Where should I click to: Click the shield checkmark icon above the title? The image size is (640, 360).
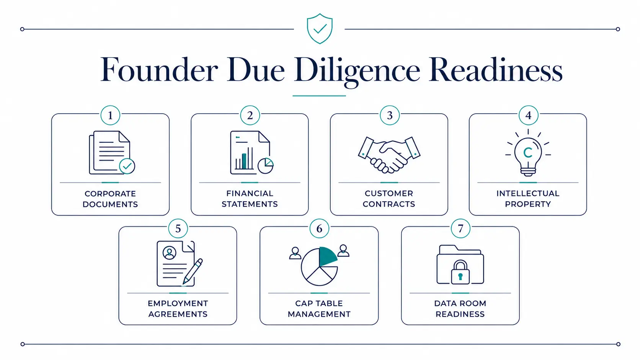320,29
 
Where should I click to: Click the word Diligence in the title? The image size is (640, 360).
357,70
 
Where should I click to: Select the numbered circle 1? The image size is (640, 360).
110,115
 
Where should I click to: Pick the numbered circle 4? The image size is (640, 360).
528,115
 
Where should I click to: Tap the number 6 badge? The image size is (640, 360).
319,228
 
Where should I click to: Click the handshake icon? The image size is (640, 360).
389,155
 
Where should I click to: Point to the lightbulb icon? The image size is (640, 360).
528,153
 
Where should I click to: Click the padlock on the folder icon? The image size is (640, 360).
460,272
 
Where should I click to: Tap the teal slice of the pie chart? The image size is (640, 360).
327,256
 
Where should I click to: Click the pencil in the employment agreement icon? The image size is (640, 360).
193,271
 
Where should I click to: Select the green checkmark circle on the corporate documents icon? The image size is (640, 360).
127,166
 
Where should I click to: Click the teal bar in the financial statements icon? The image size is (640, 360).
244,161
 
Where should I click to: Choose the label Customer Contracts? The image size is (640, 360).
389,199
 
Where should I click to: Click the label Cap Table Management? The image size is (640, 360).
319,309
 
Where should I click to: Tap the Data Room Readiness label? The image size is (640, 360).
460,309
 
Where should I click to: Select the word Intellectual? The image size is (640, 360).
528,193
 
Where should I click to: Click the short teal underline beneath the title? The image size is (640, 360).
319,96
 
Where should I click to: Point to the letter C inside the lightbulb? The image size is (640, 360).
528,152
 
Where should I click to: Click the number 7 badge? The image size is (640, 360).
460,228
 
